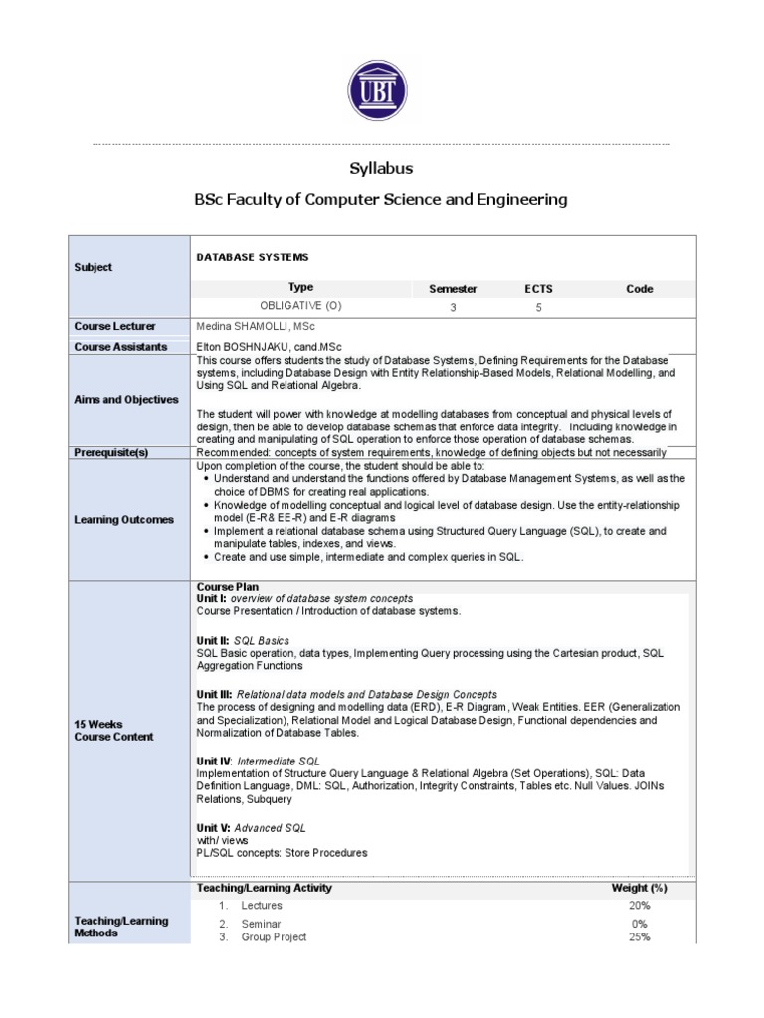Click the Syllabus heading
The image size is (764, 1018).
(381, 168)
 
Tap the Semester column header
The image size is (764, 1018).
(453, 289)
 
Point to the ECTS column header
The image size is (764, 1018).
(538, 289)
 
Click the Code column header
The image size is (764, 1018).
(639, 289)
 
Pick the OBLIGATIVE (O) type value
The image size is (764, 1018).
(300, 307)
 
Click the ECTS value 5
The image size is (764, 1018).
(538, 308)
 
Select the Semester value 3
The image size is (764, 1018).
(453, 308)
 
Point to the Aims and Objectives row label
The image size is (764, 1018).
(126, 399)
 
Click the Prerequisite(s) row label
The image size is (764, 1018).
(110, 452)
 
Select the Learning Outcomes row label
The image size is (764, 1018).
(123, 519)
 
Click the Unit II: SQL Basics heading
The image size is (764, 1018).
(244, 641)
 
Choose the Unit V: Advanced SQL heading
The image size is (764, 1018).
(252, 827)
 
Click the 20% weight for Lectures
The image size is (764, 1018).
(639, 906)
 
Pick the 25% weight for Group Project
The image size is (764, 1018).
(639, 937)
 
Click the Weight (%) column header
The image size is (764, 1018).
(639, 887)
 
